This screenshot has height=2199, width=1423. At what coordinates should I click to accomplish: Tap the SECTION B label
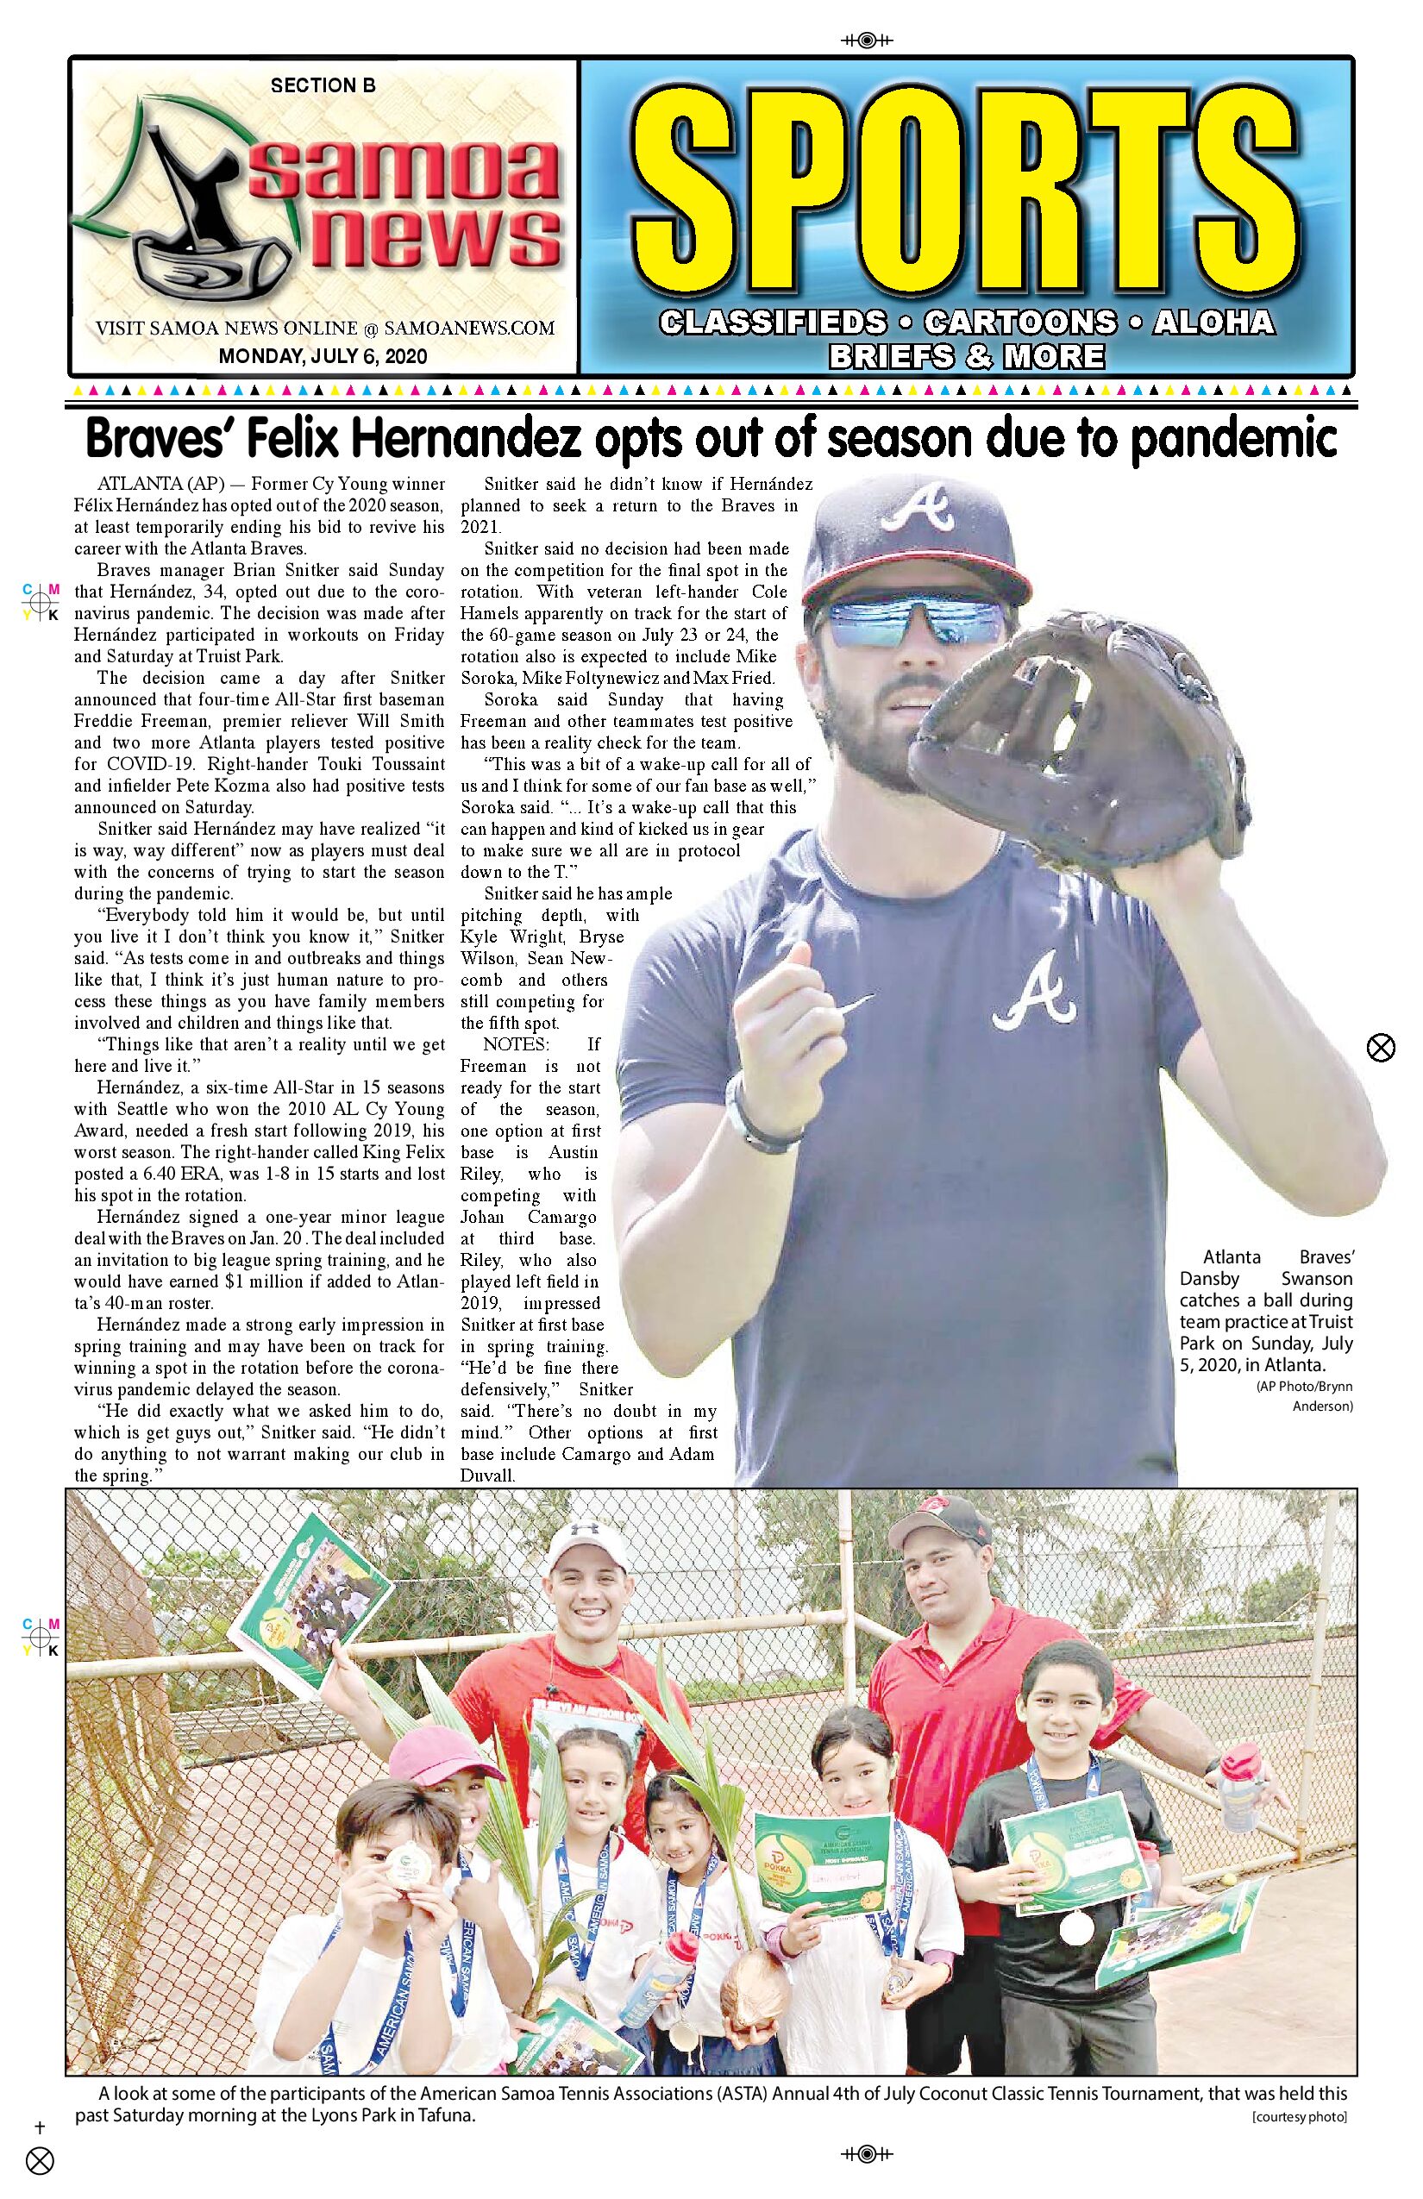pyautogui.click(x=323, y=86)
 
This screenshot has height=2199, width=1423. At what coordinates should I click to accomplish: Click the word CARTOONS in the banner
pyautogui.click(x=1020, y=323)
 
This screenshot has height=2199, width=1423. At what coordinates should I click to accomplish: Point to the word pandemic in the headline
pyautogui.click(x=1234, y=439)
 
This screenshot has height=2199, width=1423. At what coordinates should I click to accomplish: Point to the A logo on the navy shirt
pyautogui.click(x=1034, y=993)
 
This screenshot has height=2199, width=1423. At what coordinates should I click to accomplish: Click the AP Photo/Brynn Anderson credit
pyautogui.click(x=1305, y=1396)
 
